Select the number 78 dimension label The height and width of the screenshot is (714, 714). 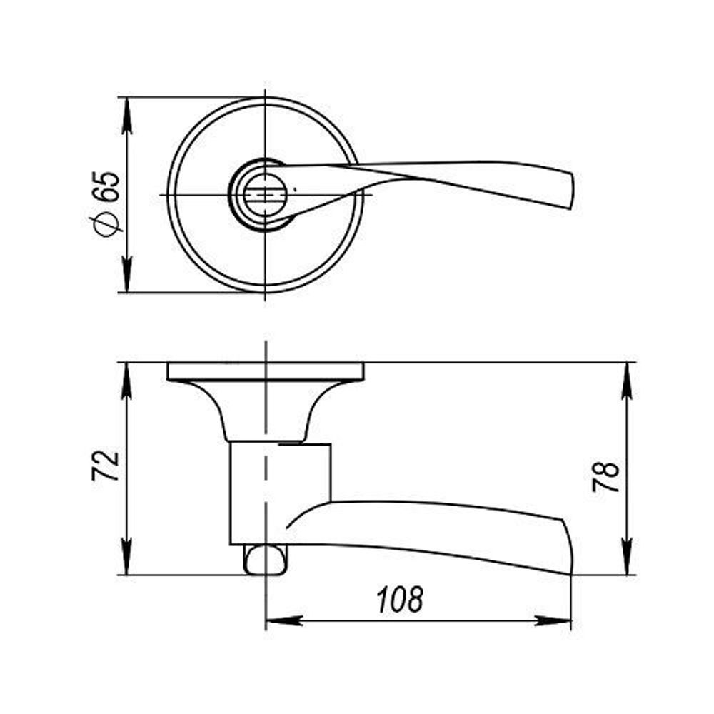[x=606, y=476]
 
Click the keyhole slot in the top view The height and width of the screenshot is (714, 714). [x=265, y=193]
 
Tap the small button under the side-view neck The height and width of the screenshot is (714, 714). [x=266, y=559]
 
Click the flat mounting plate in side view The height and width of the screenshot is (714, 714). [x=266, y=371]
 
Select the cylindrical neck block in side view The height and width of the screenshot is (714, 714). [x=280, y=493]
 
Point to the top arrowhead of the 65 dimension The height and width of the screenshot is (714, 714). [x=127, y=114]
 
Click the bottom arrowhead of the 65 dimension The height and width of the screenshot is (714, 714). [x=127, y=275]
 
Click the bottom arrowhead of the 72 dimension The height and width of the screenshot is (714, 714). [x=127, y=558]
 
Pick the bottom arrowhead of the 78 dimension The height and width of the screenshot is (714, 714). [x=627, y=558]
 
